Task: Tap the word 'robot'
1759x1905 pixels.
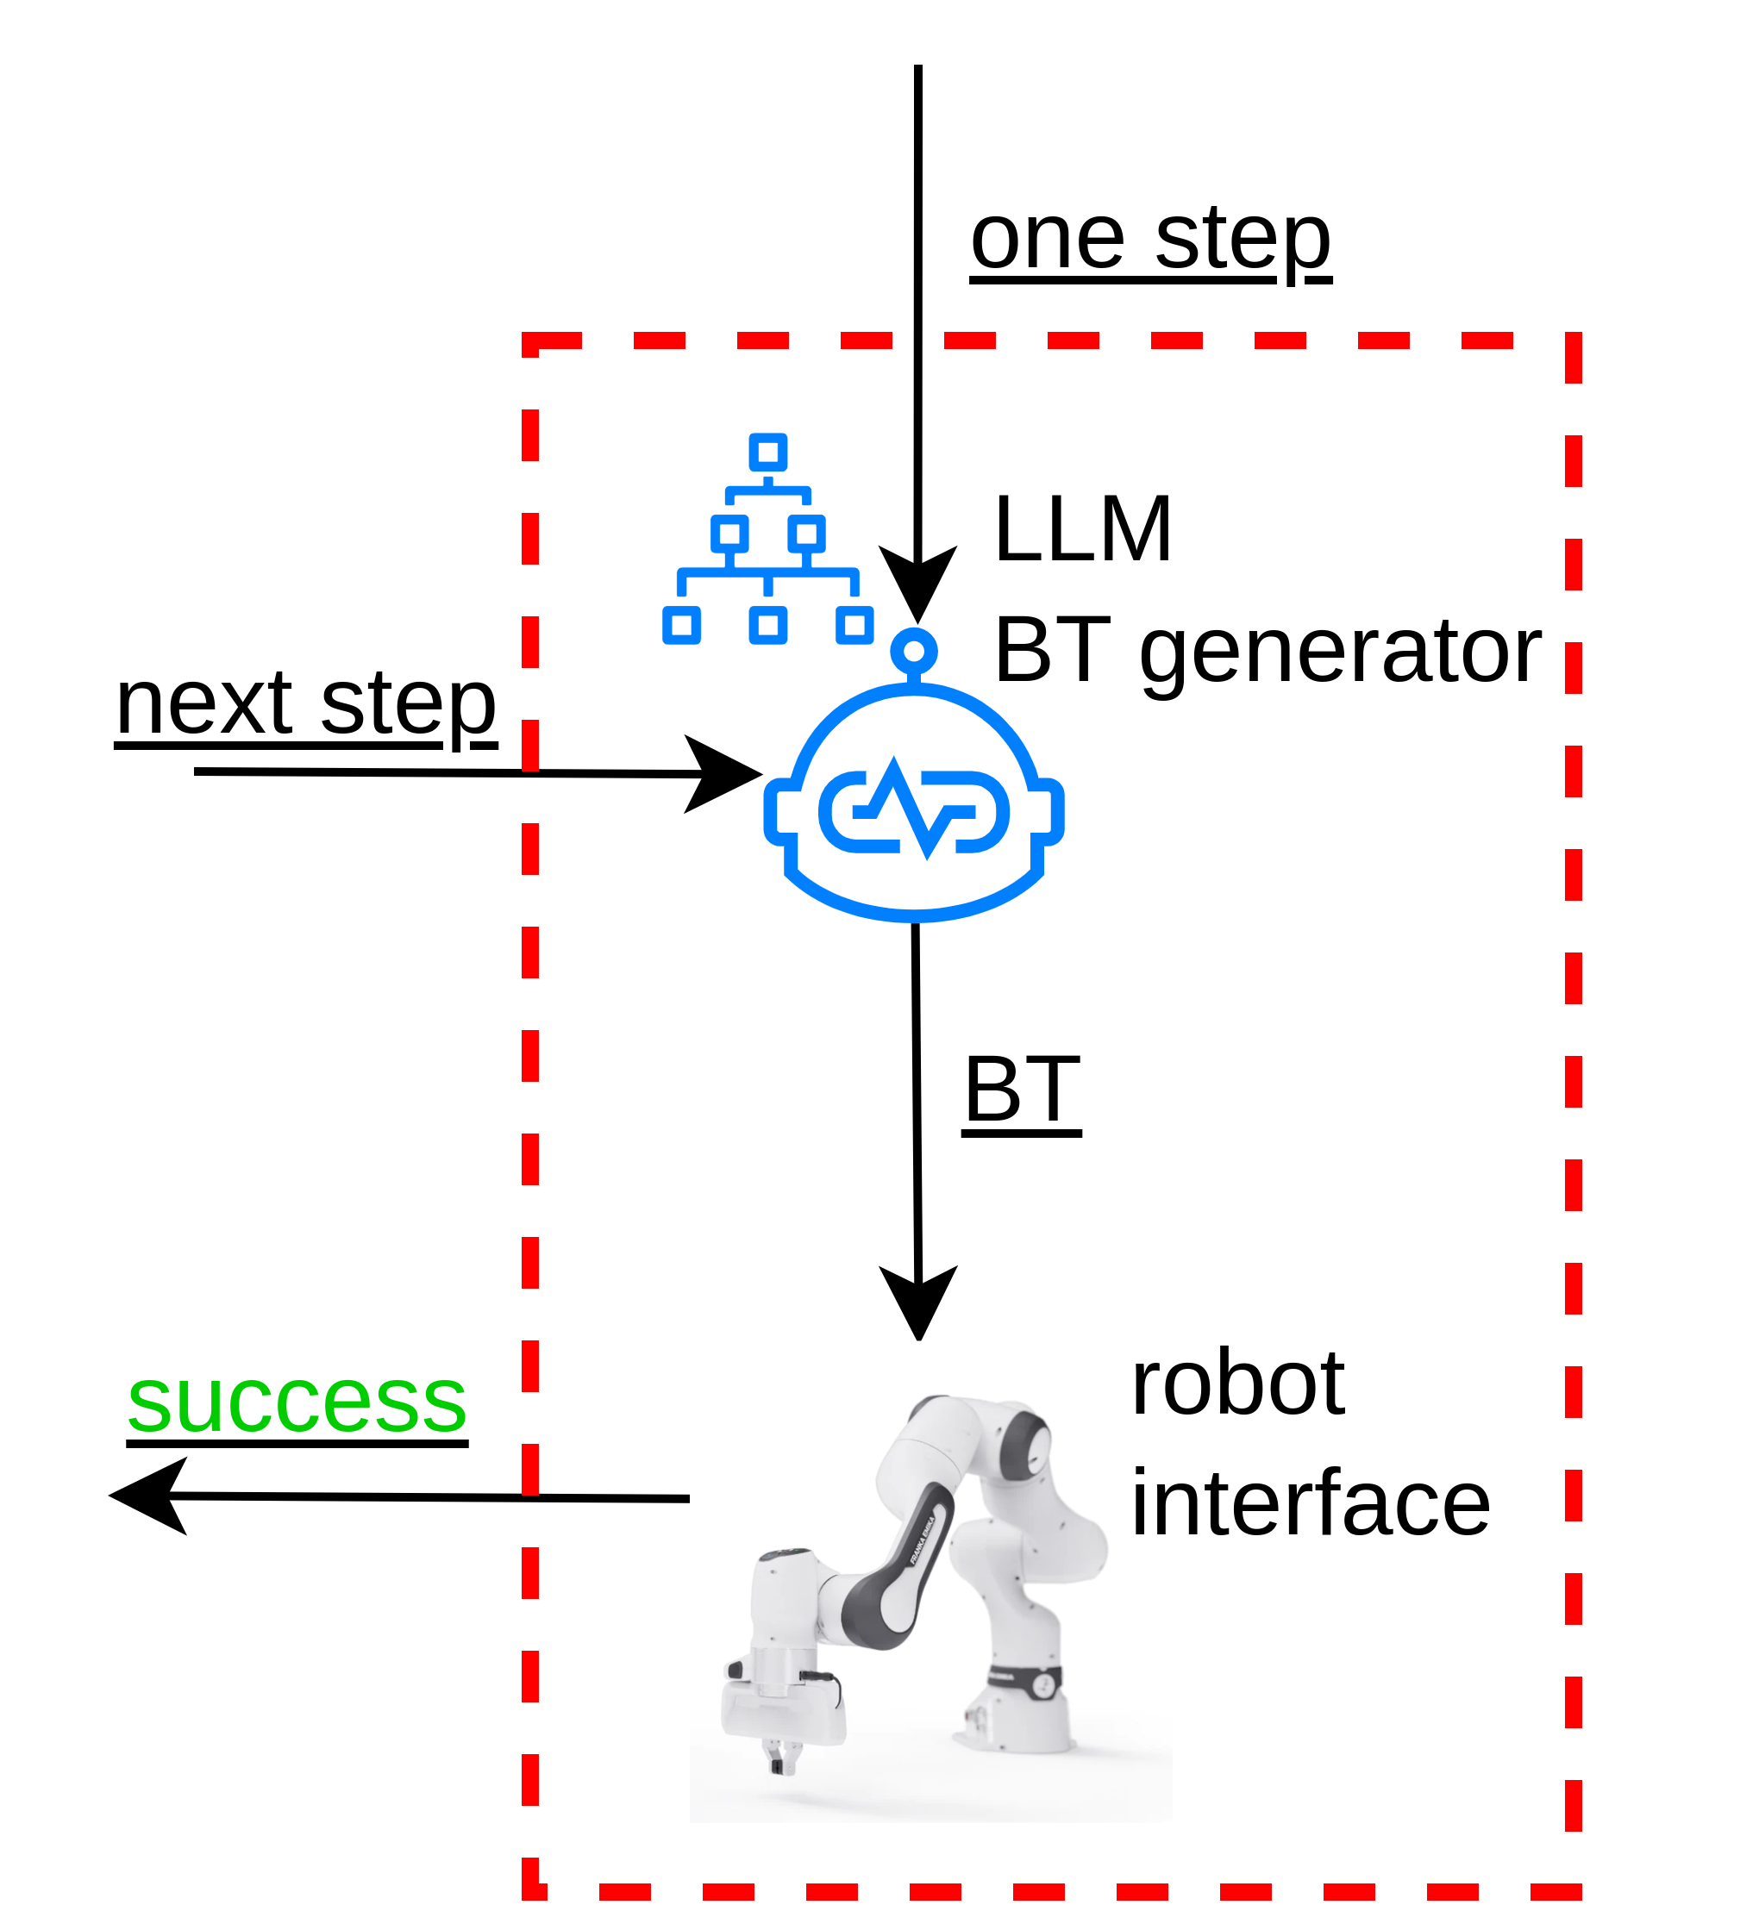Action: (1236, 1383)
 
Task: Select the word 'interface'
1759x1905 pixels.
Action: (1310, 1504)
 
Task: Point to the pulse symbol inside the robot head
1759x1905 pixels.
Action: (914, 812)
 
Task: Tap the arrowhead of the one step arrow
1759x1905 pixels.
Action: (917, 583)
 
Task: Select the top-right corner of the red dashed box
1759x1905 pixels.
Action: (1573, 340)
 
